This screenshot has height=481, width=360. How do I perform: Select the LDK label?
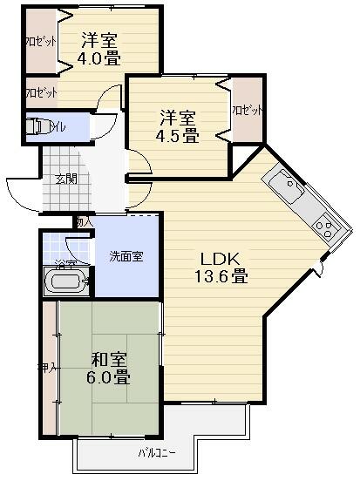click(221, 259)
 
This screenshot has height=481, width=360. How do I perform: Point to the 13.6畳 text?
click(221, 278)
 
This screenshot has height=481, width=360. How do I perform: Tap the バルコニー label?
click(157, 453)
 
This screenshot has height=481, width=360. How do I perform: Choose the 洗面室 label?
click(126, 256)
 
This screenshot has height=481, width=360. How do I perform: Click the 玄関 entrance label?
click(66, 180)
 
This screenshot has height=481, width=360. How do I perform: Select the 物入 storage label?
click(84, 223)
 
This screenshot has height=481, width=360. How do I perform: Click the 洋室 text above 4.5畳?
click(178, 117)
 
